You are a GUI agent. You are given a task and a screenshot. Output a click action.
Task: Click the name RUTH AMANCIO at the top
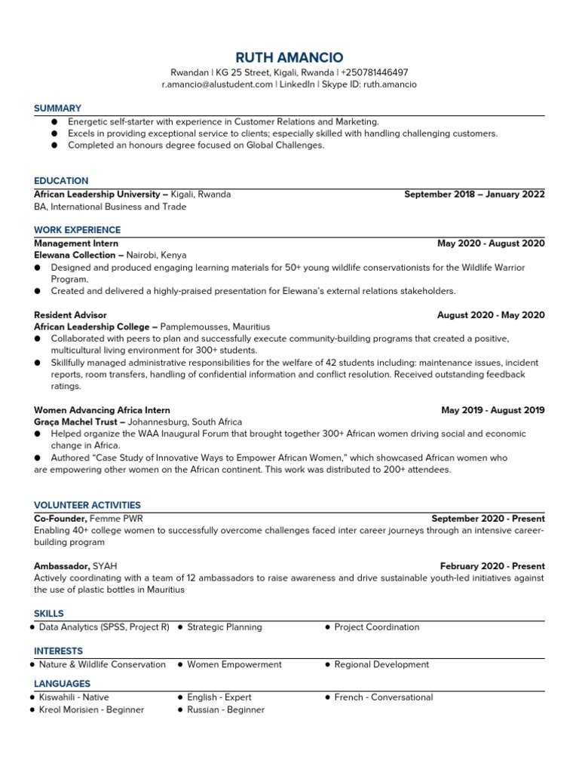[289, 57]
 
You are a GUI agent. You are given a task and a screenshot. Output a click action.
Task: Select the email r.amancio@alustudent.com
[217, 84]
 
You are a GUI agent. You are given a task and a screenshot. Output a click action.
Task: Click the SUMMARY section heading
[57, 109]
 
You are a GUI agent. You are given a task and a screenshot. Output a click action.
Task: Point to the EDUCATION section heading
[61, 181]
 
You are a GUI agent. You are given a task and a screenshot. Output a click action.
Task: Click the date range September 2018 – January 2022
[474, 194]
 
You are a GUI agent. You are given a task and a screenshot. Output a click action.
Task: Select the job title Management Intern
[76, 244]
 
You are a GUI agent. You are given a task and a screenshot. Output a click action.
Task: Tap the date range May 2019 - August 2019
[493, 410]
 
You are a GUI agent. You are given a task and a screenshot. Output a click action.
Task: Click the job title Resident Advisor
[70, 314]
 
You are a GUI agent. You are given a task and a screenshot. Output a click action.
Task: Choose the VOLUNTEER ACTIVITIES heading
[87, 505]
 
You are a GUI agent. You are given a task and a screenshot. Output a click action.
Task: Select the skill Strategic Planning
[224, 626]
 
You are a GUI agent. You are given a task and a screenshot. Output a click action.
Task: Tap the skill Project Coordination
[376, 626]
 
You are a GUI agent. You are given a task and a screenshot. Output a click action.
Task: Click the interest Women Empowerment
[234, 664]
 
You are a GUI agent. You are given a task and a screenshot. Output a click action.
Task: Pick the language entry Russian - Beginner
[225, 709]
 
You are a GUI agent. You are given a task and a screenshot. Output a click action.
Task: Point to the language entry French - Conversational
[383, 697]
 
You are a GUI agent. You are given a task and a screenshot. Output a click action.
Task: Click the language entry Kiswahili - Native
[74, 697]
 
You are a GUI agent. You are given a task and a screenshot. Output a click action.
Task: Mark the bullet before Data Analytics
[32, 627]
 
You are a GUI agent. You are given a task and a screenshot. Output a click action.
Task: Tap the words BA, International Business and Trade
[110, 207]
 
